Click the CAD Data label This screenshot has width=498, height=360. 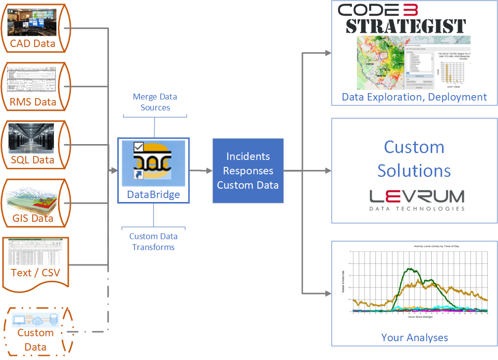pos(33,44)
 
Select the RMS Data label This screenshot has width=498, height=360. pos(33,103)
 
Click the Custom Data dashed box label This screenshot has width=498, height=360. pos(35,339)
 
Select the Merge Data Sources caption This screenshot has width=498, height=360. pos(155,102)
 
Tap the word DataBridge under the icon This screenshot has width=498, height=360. pos(153,195)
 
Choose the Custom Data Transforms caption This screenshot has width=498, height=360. pos(153,242)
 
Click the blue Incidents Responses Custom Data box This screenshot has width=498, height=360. pos(248,171)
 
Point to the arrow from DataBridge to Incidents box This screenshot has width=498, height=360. pos(200,171)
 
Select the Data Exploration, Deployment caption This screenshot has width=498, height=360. pos(414,97)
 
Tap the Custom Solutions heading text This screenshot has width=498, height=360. pos(414,158)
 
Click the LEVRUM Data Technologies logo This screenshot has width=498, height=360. pos(417,200)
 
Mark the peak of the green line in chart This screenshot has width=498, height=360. pos(409,269)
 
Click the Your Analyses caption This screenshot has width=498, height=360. pos(414,338)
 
